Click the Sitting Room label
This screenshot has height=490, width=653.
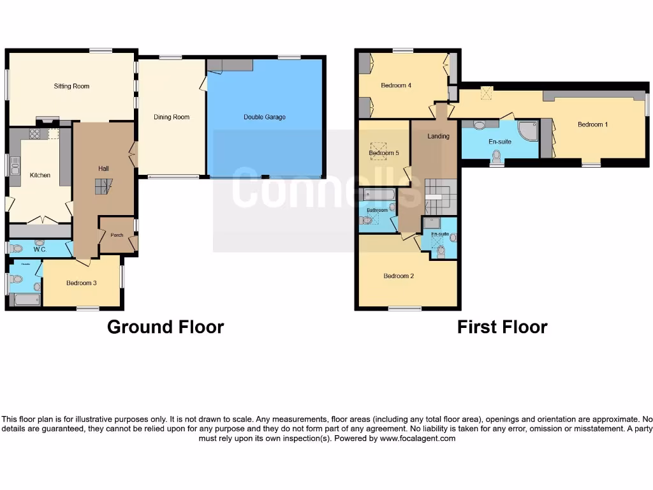(x=71, y=86)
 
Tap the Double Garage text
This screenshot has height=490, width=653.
(x=265, y=117)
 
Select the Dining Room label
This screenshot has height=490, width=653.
(x=172, y=117)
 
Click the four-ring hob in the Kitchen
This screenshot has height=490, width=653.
(x=34, y=134)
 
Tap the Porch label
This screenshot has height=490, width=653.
(x=117, y=235)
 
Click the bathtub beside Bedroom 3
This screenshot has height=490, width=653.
(x=27, y=299)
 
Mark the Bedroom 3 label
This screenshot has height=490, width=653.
(x=81, y=283)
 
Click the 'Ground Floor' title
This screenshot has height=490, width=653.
(x=165, y=327)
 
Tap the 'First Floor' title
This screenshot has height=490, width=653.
(x=502, y=327)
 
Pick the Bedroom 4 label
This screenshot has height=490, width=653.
(x=396, y=85)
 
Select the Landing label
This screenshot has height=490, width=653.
(x=438, y=136)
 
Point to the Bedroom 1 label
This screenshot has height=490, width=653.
(x=592, y=124)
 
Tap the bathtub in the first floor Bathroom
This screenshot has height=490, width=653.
(x=378, y=194)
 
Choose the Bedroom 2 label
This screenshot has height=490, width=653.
(x=399, y=276)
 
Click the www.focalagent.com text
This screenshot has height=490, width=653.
(x=418, y=438)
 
